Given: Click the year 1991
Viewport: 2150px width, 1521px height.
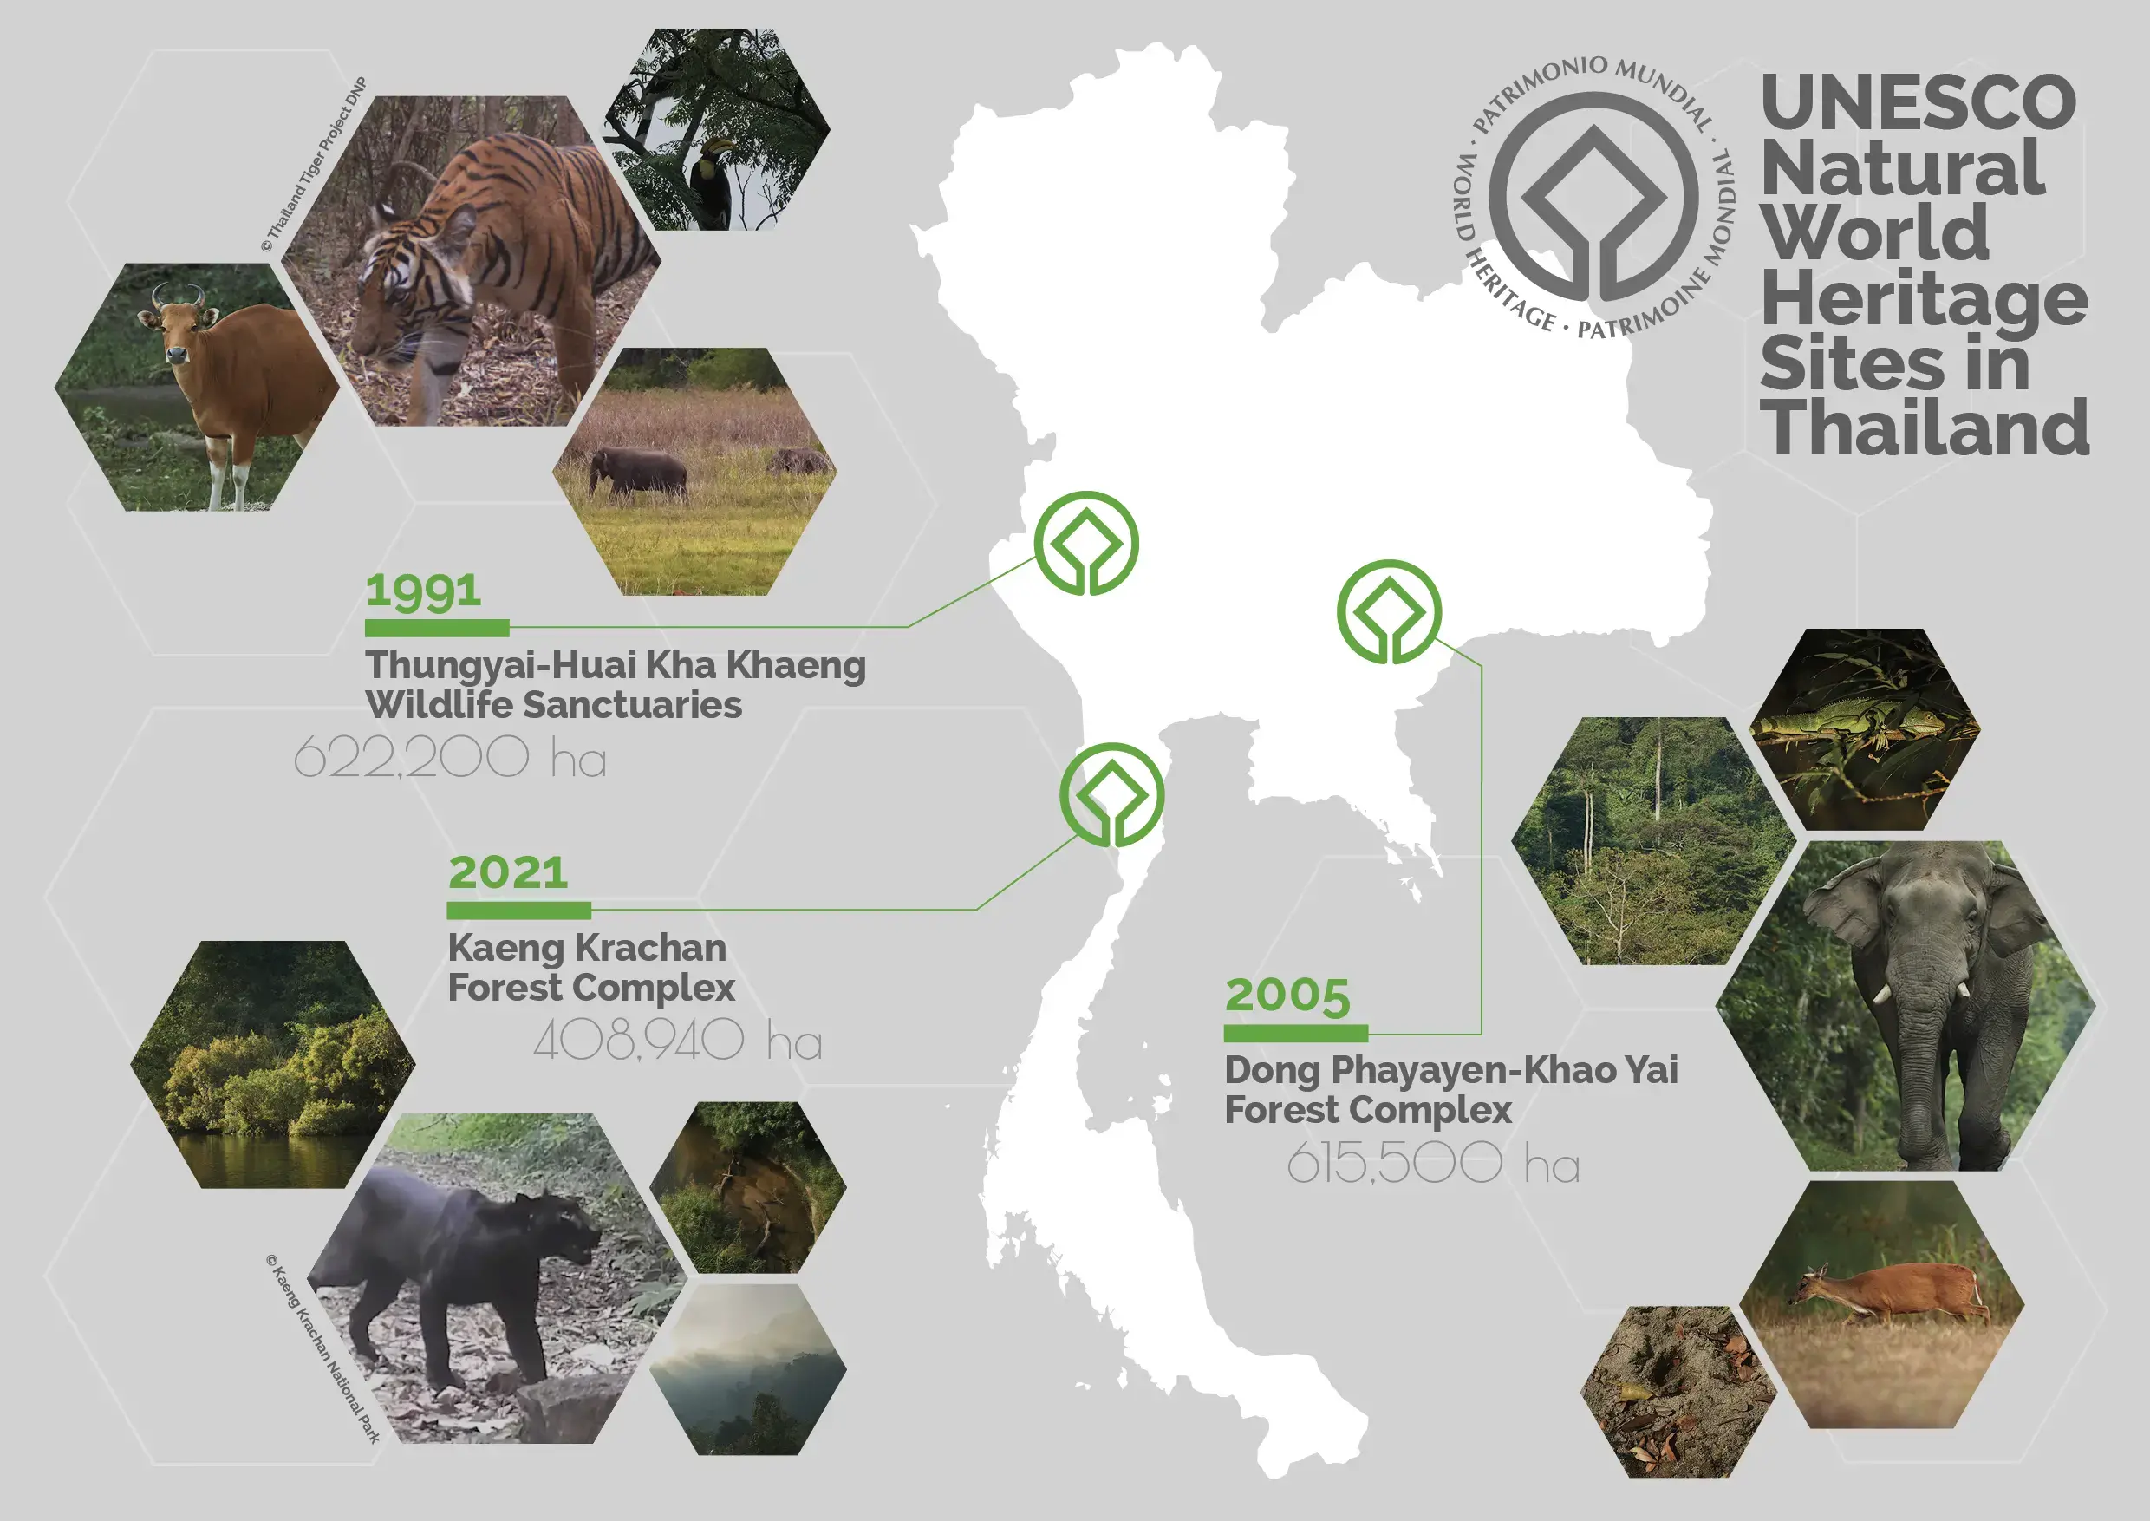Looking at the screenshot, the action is click(423, 591).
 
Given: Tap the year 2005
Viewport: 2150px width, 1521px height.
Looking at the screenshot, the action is click(1287, 996).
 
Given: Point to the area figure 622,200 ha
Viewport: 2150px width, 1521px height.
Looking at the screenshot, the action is click(449, 757).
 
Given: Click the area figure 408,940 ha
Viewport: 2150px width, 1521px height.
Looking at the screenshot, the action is click(678, 1040).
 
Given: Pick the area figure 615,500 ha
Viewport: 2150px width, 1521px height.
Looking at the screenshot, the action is click(1433, 1163).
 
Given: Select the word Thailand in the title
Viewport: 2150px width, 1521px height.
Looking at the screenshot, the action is click(1925, 428).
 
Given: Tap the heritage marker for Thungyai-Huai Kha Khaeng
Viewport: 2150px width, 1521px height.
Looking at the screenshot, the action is click(1086, 543).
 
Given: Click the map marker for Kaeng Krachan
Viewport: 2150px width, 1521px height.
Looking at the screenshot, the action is click(1112, 795).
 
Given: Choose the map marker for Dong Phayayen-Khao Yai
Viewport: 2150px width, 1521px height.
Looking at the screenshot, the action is click(1390, 612).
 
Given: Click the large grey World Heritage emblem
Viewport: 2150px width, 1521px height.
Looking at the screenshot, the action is click(1593, 198).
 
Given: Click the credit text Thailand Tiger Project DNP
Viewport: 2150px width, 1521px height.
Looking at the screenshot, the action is click(315, 165).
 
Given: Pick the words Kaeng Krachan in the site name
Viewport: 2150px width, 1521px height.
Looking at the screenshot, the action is click(587, 948).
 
